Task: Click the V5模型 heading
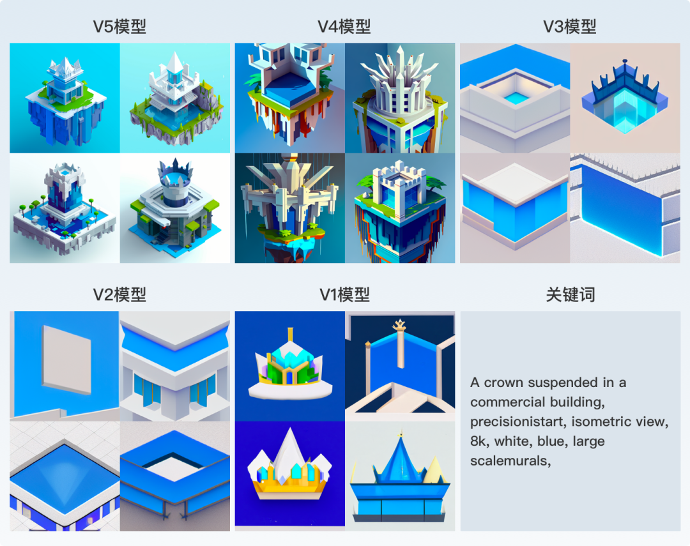[x=119, y=27]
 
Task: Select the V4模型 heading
[x=344, y=27]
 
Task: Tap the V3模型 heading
[x=570, y=27]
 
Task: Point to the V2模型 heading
[x=119, y=294]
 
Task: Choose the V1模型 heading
[x=344, y=294]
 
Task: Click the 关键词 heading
[x=570, y=294]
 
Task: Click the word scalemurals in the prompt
[x=509, y=460]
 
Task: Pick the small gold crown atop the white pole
[x=400, y=327]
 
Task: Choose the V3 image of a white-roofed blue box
[x=514, y=201]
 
